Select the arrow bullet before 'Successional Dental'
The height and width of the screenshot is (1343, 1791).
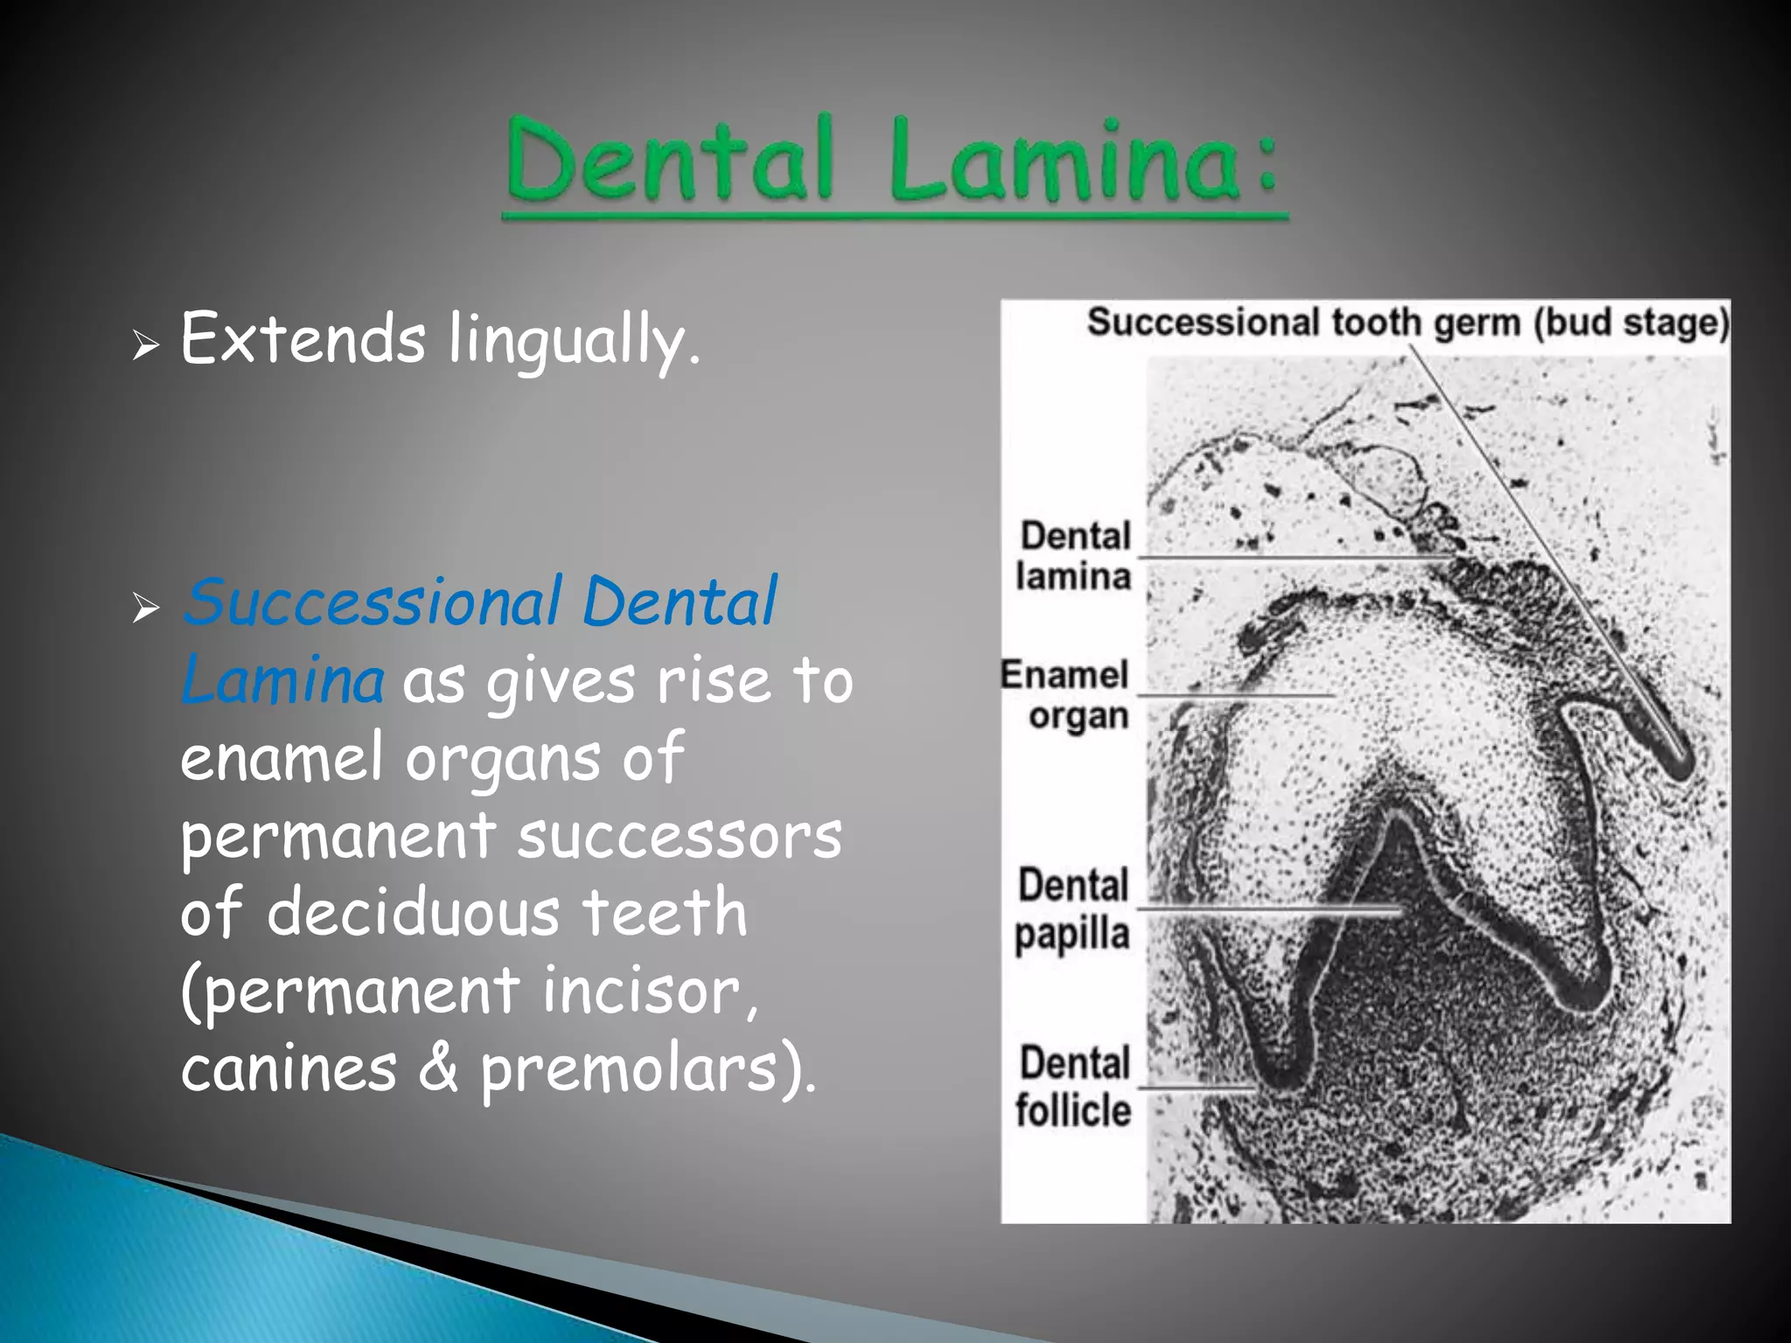tap(146, 607)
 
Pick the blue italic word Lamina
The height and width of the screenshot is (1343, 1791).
tap(282, 679)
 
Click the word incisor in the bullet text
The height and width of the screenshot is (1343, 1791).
tap(642, 991)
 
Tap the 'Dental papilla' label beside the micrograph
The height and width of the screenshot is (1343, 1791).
tap(1072, 909)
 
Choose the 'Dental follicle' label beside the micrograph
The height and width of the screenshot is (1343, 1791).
tap(1074, 1087)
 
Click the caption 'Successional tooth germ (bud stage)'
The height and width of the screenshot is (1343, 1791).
tap(1407, 323)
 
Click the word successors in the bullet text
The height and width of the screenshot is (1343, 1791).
tap(679, 836)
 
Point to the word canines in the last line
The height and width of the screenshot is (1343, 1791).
tap(289, 1068)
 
